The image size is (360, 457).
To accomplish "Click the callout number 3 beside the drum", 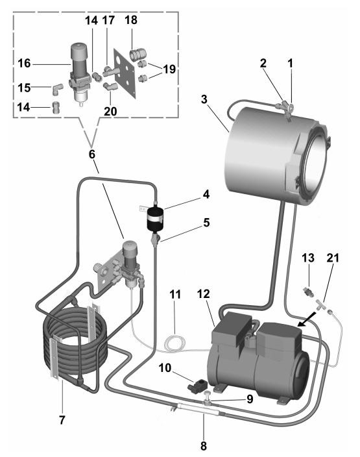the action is tap(204, 99).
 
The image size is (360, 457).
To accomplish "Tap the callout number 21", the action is tap(333, 258).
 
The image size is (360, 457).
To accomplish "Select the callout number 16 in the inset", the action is tap(24, 63).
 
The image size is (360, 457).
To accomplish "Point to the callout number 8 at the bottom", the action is tap(203, 445).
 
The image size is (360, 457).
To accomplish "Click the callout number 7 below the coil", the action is tap(62, 420).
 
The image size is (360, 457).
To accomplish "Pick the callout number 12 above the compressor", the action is tap(203, 294).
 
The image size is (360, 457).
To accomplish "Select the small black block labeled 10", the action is tap(196, 385).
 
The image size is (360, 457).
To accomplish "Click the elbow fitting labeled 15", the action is tap(56, 89).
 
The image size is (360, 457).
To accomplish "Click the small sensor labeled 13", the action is tap(309, 291).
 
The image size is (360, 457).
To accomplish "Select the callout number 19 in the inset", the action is tap(169, 69).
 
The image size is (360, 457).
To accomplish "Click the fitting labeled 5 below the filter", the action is tap(155, 239).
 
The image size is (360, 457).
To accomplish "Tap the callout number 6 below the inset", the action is tap(92, 154).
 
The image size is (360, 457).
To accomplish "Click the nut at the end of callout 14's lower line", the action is tap(56, 108).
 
